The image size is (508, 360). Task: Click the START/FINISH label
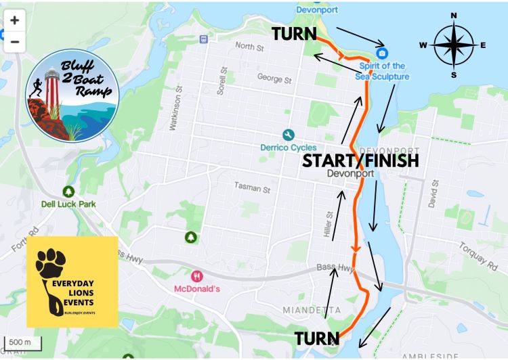[360, 160]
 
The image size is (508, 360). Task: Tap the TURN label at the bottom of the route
[316, 338]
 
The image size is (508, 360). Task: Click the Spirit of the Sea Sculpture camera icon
[382, 53]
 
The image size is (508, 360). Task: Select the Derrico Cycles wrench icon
[288, 135]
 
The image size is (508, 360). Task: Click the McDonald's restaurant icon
[196, 276]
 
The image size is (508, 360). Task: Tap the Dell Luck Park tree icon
[68, 192]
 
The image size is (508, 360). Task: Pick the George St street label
[274, 78]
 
